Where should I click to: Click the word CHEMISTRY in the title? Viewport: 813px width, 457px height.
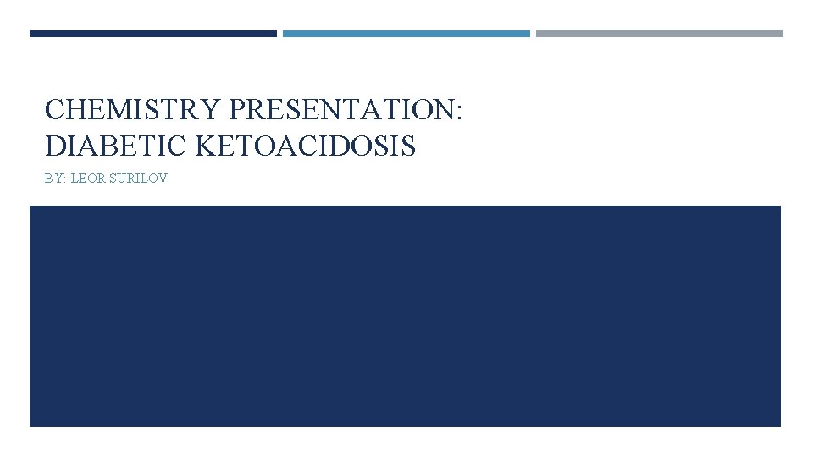(x=133, y=110)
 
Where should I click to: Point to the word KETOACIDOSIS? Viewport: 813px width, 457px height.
(x=306, y=146)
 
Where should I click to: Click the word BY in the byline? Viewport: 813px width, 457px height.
(x=53, y=179)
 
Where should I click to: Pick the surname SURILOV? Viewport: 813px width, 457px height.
(x=139, y=179)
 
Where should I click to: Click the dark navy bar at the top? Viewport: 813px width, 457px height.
(x=152, y=34)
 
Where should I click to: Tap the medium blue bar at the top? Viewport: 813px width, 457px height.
(x=406, y=34)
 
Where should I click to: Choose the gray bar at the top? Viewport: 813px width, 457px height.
(x=659, y=34)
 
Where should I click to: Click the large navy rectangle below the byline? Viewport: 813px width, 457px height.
(x=405, y=316)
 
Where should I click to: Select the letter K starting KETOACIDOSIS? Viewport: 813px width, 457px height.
(x=206, y=146)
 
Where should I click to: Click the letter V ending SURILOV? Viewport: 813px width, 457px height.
(x=163, y=179)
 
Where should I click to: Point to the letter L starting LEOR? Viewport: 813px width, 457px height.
(x=74, y=179)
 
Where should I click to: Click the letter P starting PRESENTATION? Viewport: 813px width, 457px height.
(x=236, y=110)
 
